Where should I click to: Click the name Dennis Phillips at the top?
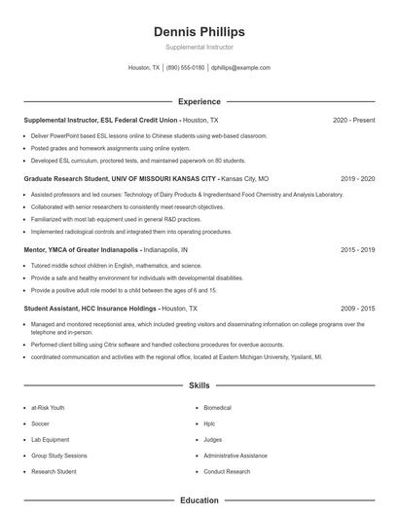(x=199, y=32)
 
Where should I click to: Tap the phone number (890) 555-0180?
(x=185, y=68)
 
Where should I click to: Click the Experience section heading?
(x=199, y=101)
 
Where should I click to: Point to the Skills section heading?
(x=199, y=387)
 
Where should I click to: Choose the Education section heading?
(x=199, y=500)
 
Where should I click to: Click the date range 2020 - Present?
(x=353, y=120)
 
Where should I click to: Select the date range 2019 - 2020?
(x=357, y=179)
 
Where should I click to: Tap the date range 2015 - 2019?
(x=357, y=250)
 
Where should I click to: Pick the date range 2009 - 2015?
(x=357, y=308)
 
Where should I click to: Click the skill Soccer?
(x=40, y=424)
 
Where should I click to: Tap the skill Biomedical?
(x=217, y=408)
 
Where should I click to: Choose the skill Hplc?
(x=209, y=424)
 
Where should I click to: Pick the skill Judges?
(x=212, y=440)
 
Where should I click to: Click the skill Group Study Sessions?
(x=58, y=456)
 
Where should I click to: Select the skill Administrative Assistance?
(x=235, y=456)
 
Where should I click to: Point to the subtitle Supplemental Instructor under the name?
(x=199, y=47)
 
